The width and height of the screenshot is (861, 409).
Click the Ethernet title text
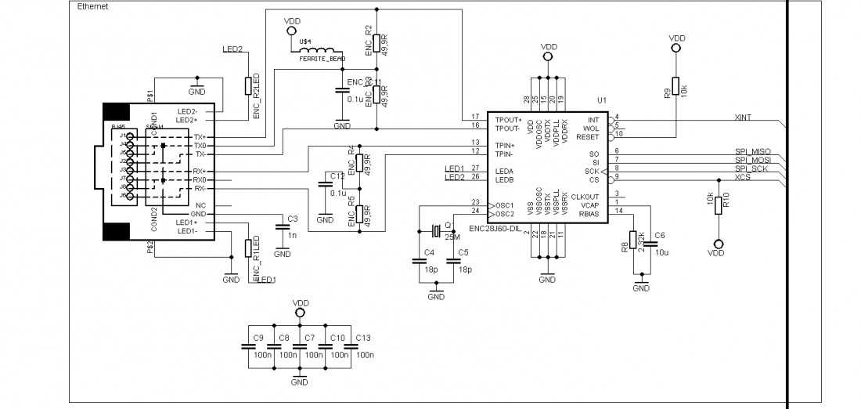coord(93,6)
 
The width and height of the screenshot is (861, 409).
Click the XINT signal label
coord(743,117)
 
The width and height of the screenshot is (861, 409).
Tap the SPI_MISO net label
coord(752,150)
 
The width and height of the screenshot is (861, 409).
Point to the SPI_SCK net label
coord(751,168)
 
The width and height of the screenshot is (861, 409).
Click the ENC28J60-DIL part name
coord(495,229)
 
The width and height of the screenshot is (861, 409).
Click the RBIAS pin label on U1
coord(589,212)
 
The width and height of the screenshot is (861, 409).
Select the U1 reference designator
coord(601,100)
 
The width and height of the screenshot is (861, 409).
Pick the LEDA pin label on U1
coord(505,170)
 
